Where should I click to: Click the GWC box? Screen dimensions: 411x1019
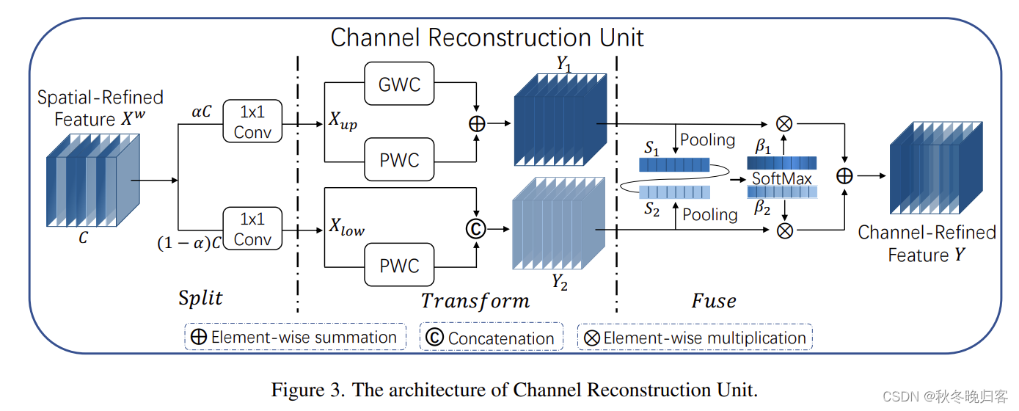tap(399, 84)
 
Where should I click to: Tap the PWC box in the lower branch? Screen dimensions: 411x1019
tap(399, 265)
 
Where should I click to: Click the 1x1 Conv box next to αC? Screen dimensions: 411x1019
tap(252, 121)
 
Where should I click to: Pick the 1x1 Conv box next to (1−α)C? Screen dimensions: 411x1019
tap(252, 228)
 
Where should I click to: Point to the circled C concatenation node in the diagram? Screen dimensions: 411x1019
tap(477, 228)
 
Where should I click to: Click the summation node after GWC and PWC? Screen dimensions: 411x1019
tap(477, 124)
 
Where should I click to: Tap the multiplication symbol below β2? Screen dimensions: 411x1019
tap(784, 230)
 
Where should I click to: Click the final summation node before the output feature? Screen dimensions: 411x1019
tap(845, 176)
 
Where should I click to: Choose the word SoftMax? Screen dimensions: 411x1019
tap(781, 178)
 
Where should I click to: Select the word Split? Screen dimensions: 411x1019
tap(200, 298)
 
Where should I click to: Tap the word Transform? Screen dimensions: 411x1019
tap(475, 300)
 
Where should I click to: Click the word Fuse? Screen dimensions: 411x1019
tap(713, 300)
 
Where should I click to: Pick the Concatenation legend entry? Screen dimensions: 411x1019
tap(491, 338)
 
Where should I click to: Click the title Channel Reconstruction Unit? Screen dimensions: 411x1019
tap(487, 37)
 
